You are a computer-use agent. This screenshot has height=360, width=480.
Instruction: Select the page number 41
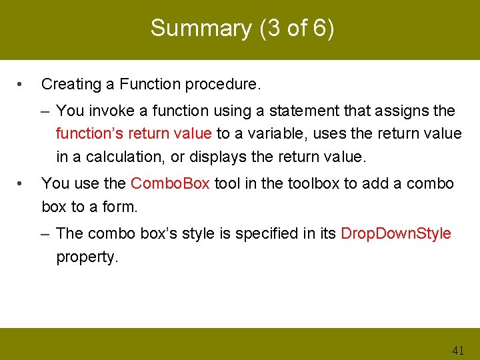[x=458, y=350]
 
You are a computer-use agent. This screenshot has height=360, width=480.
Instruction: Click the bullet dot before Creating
[x=22, y=85]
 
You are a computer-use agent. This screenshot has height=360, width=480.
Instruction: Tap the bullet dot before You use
[x=22, y=184]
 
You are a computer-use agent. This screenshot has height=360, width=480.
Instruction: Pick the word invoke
[x=107, y=111]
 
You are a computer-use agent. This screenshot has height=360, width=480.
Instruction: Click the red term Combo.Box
[x=170, y=184]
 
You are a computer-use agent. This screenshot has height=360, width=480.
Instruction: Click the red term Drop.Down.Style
[x=395, y=234]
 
